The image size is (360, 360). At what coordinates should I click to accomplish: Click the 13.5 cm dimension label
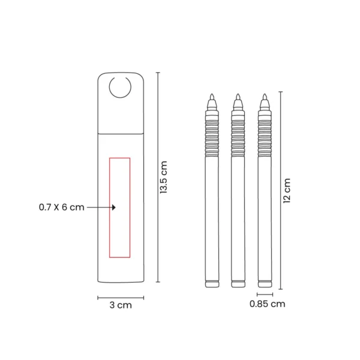coord(164,178)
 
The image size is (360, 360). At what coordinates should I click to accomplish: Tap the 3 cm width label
coord(121,305)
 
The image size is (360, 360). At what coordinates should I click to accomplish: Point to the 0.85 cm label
coord(267,304)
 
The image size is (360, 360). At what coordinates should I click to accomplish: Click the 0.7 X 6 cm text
coord(61,207)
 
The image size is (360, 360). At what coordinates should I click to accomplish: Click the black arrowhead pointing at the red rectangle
coord(113,207)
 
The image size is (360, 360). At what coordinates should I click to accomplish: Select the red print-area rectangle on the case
coord(119,207)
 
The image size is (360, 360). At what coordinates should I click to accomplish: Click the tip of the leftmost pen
coord(212,97)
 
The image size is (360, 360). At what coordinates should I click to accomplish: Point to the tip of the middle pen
coord(238,97)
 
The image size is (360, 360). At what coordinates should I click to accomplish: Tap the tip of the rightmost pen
coord(264,97)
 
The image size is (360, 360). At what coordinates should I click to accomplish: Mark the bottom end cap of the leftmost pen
coord(212,283)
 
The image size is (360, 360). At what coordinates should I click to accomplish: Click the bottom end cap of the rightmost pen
coord(264,283)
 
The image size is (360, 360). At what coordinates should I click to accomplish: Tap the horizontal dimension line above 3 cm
coord(121,296)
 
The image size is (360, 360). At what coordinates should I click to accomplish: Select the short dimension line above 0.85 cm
coord(265,295)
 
